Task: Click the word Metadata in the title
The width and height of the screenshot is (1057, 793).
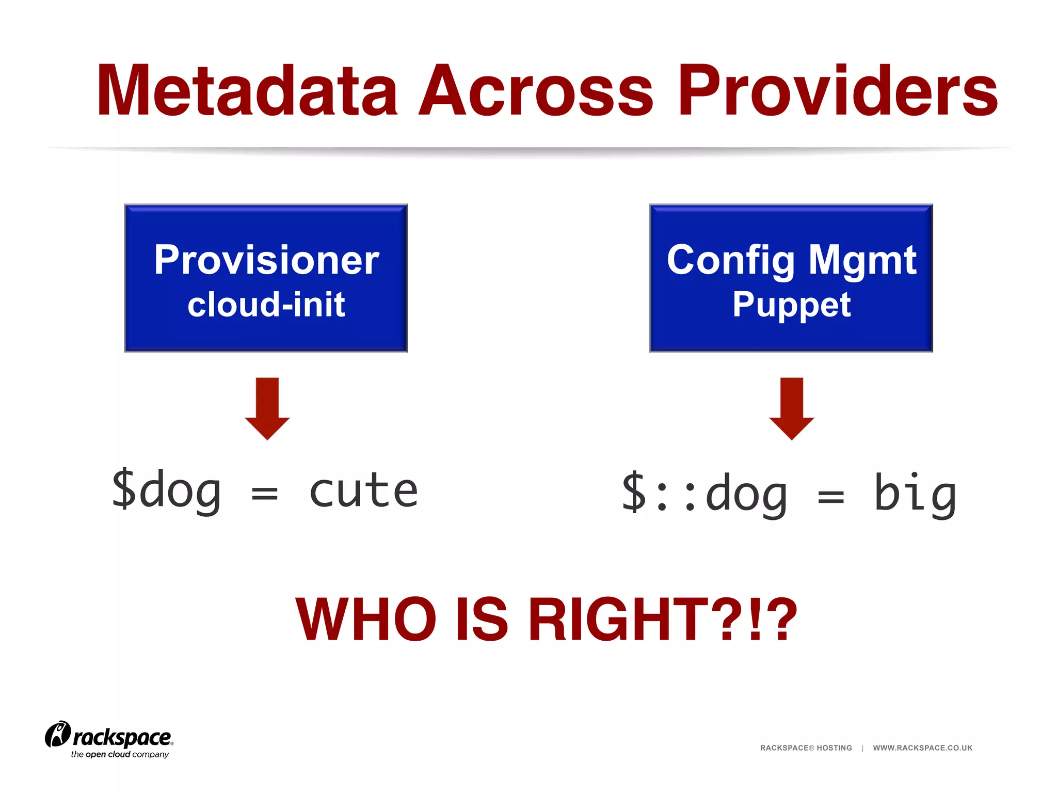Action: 247,91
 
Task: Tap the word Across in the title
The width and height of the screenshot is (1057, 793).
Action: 536,91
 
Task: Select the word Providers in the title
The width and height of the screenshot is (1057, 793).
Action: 837,91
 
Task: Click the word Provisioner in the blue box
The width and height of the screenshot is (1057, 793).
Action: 266,260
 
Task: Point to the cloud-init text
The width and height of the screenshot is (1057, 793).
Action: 266,305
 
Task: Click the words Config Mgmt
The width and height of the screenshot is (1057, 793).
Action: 791,260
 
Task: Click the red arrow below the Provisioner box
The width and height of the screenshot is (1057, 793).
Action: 267,408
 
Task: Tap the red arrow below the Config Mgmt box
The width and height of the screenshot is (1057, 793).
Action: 791,408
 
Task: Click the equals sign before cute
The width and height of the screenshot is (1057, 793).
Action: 264,494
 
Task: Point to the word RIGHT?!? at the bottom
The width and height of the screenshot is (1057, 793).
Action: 663,620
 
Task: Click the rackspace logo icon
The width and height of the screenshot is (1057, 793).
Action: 57,735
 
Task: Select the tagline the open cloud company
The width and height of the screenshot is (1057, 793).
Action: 120,754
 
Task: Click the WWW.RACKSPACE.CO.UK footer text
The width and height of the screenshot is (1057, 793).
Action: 922,748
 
